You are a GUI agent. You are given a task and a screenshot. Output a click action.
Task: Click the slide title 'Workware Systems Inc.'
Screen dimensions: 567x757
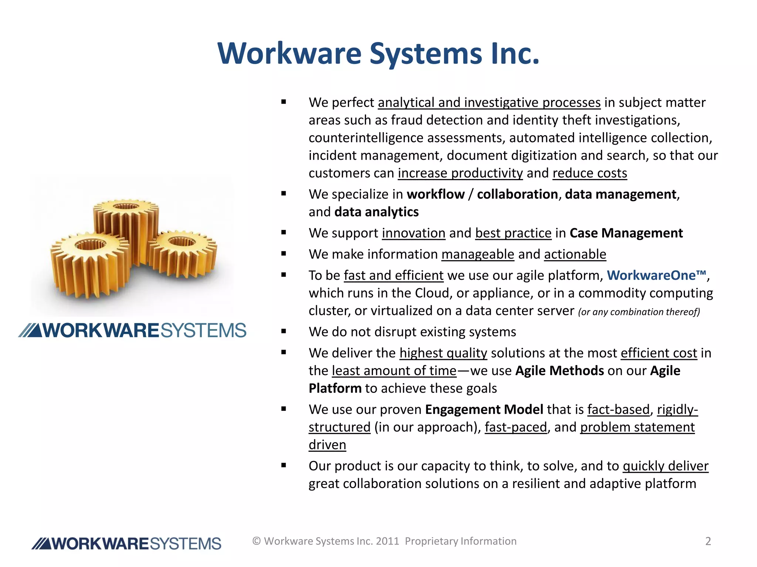[378, 54]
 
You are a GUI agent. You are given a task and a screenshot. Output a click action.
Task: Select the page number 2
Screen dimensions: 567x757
[708, 541]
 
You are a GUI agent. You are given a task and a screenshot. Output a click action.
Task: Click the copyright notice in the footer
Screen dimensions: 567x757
[384, 541]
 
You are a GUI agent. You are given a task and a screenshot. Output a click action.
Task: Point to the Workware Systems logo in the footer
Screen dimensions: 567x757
[126, 544]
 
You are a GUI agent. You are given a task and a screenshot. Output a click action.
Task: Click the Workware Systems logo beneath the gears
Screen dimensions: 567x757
[132, 330]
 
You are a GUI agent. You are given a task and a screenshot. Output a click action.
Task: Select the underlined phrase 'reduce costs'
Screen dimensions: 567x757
[590, 173]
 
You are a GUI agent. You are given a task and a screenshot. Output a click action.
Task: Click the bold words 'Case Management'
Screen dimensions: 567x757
[626, 233]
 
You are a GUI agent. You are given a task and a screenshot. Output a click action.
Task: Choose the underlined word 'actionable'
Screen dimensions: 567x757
[575, 254]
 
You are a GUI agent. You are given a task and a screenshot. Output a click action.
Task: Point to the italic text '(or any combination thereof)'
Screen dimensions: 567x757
[639, 312]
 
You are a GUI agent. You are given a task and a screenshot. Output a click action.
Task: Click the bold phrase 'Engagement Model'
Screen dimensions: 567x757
[484, 409]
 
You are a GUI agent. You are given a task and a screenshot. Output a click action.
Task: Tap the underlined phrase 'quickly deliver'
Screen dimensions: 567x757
[665, 466]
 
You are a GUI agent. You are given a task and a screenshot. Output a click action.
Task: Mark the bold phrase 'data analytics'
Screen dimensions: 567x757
[376, 212]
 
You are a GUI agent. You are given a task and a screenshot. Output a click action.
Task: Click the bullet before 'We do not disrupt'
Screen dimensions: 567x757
[284, 331]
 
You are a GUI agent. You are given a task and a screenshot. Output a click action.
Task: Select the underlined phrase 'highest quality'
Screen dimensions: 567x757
[443, 353]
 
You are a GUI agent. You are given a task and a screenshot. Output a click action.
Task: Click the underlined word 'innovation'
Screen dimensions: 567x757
[414, 233]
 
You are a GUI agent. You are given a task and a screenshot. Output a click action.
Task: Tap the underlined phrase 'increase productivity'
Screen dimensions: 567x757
[460, 173]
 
